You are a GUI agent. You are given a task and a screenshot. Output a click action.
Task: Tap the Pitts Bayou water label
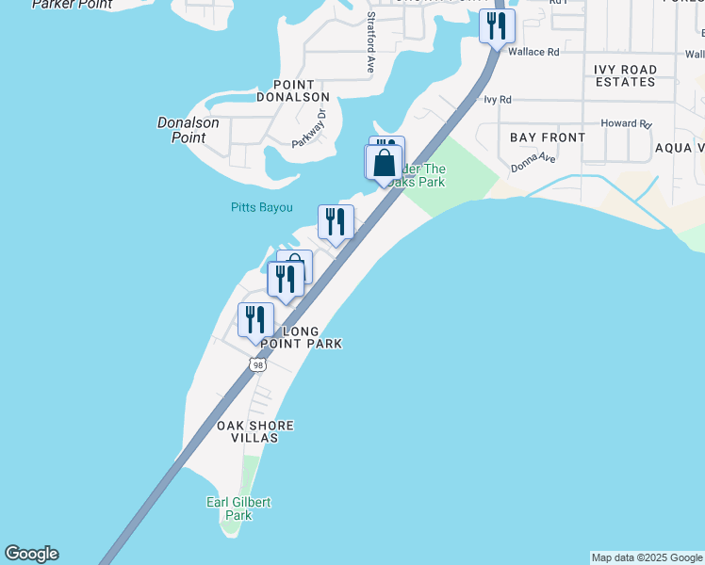tap(261, 207)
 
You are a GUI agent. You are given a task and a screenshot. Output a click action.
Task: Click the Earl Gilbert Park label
tap(238, 508)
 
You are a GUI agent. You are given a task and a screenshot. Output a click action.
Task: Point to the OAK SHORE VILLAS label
tap(254, 432)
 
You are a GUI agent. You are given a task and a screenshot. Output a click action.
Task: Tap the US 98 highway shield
tap(257, 364)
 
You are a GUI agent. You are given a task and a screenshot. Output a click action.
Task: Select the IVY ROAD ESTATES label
tap(625, 75)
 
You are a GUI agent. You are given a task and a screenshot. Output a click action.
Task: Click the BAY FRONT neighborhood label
tap(548, 137)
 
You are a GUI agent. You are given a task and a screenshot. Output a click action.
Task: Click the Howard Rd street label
tap(626, 123)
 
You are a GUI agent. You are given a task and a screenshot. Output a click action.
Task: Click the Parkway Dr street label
tap(307, 128)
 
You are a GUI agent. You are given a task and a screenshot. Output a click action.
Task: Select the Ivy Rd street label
tap(497, 99)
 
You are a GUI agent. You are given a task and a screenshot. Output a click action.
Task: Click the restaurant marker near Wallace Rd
tap(497, 25)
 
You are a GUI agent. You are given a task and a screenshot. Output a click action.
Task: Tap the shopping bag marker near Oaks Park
tap(384, 162)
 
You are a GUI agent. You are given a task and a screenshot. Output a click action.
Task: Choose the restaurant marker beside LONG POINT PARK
tap(255, 320)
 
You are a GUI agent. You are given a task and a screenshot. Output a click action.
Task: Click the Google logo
tap(31, 554)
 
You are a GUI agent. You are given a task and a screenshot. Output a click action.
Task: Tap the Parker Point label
tap(72, 5)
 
